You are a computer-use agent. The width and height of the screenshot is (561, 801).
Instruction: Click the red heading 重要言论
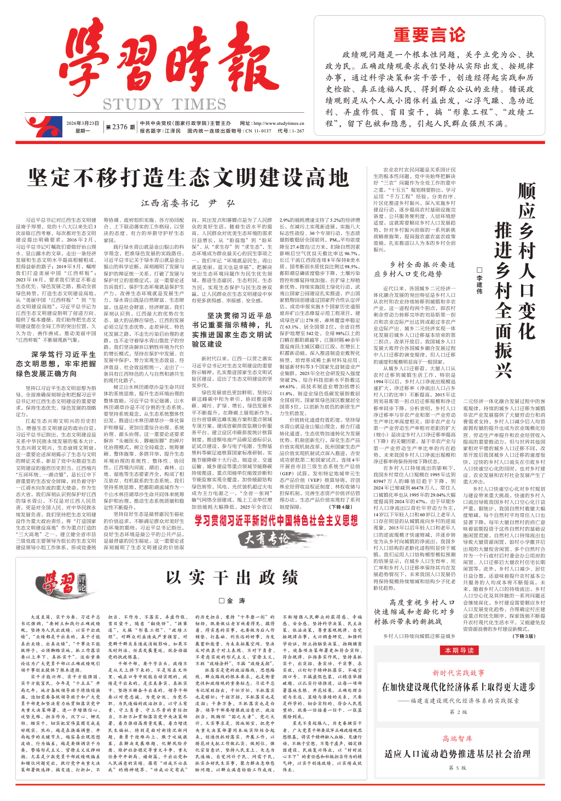(430, 36)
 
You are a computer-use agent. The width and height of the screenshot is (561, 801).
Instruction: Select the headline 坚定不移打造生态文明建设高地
(188, 177)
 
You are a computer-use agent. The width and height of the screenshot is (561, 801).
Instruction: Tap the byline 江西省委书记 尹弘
(188, 203)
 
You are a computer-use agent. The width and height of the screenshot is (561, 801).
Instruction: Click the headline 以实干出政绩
(232, 577)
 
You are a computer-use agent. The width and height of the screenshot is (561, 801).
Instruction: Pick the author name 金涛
(232, 601)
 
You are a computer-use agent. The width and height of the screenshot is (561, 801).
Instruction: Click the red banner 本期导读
(459, 650)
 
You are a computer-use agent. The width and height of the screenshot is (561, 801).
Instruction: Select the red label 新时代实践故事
(458, 672)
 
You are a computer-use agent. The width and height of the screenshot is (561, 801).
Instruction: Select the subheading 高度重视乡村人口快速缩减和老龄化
(414, 612)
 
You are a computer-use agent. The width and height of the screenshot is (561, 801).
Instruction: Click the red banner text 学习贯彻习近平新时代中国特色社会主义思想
(276, 521)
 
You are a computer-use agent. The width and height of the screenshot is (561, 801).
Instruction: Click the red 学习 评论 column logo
(65, 582)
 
